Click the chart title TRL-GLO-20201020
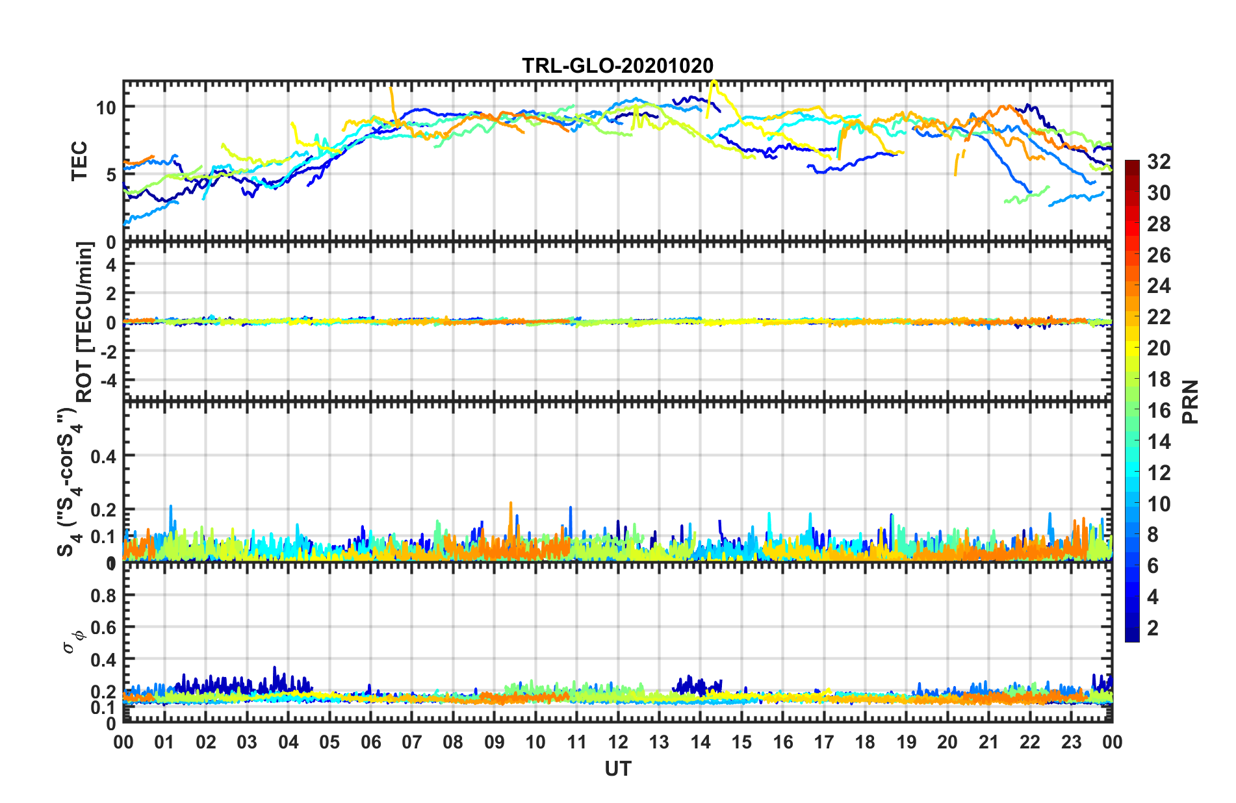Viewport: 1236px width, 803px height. click(617, 66)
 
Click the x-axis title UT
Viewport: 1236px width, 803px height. click(617, 769)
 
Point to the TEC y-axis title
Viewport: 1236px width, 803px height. click(79, 161)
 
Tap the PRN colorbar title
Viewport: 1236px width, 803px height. click(1191, 401)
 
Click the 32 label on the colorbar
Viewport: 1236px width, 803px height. click(1159, 162)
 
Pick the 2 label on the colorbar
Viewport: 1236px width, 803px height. click(1153, 628)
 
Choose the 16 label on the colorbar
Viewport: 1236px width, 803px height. click(1159, 411)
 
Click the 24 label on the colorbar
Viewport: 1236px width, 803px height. click(1159, 286)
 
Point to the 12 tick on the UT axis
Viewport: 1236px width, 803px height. click(617, 742)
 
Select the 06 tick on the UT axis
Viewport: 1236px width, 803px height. click(370, 742)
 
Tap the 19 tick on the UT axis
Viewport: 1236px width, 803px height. click(906, 742)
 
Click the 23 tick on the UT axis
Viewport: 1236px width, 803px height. click(1071, 742)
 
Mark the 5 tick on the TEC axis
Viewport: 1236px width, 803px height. click(111, 175)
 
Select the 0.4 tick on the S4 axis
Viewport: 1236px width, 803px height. click(103, 456)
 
